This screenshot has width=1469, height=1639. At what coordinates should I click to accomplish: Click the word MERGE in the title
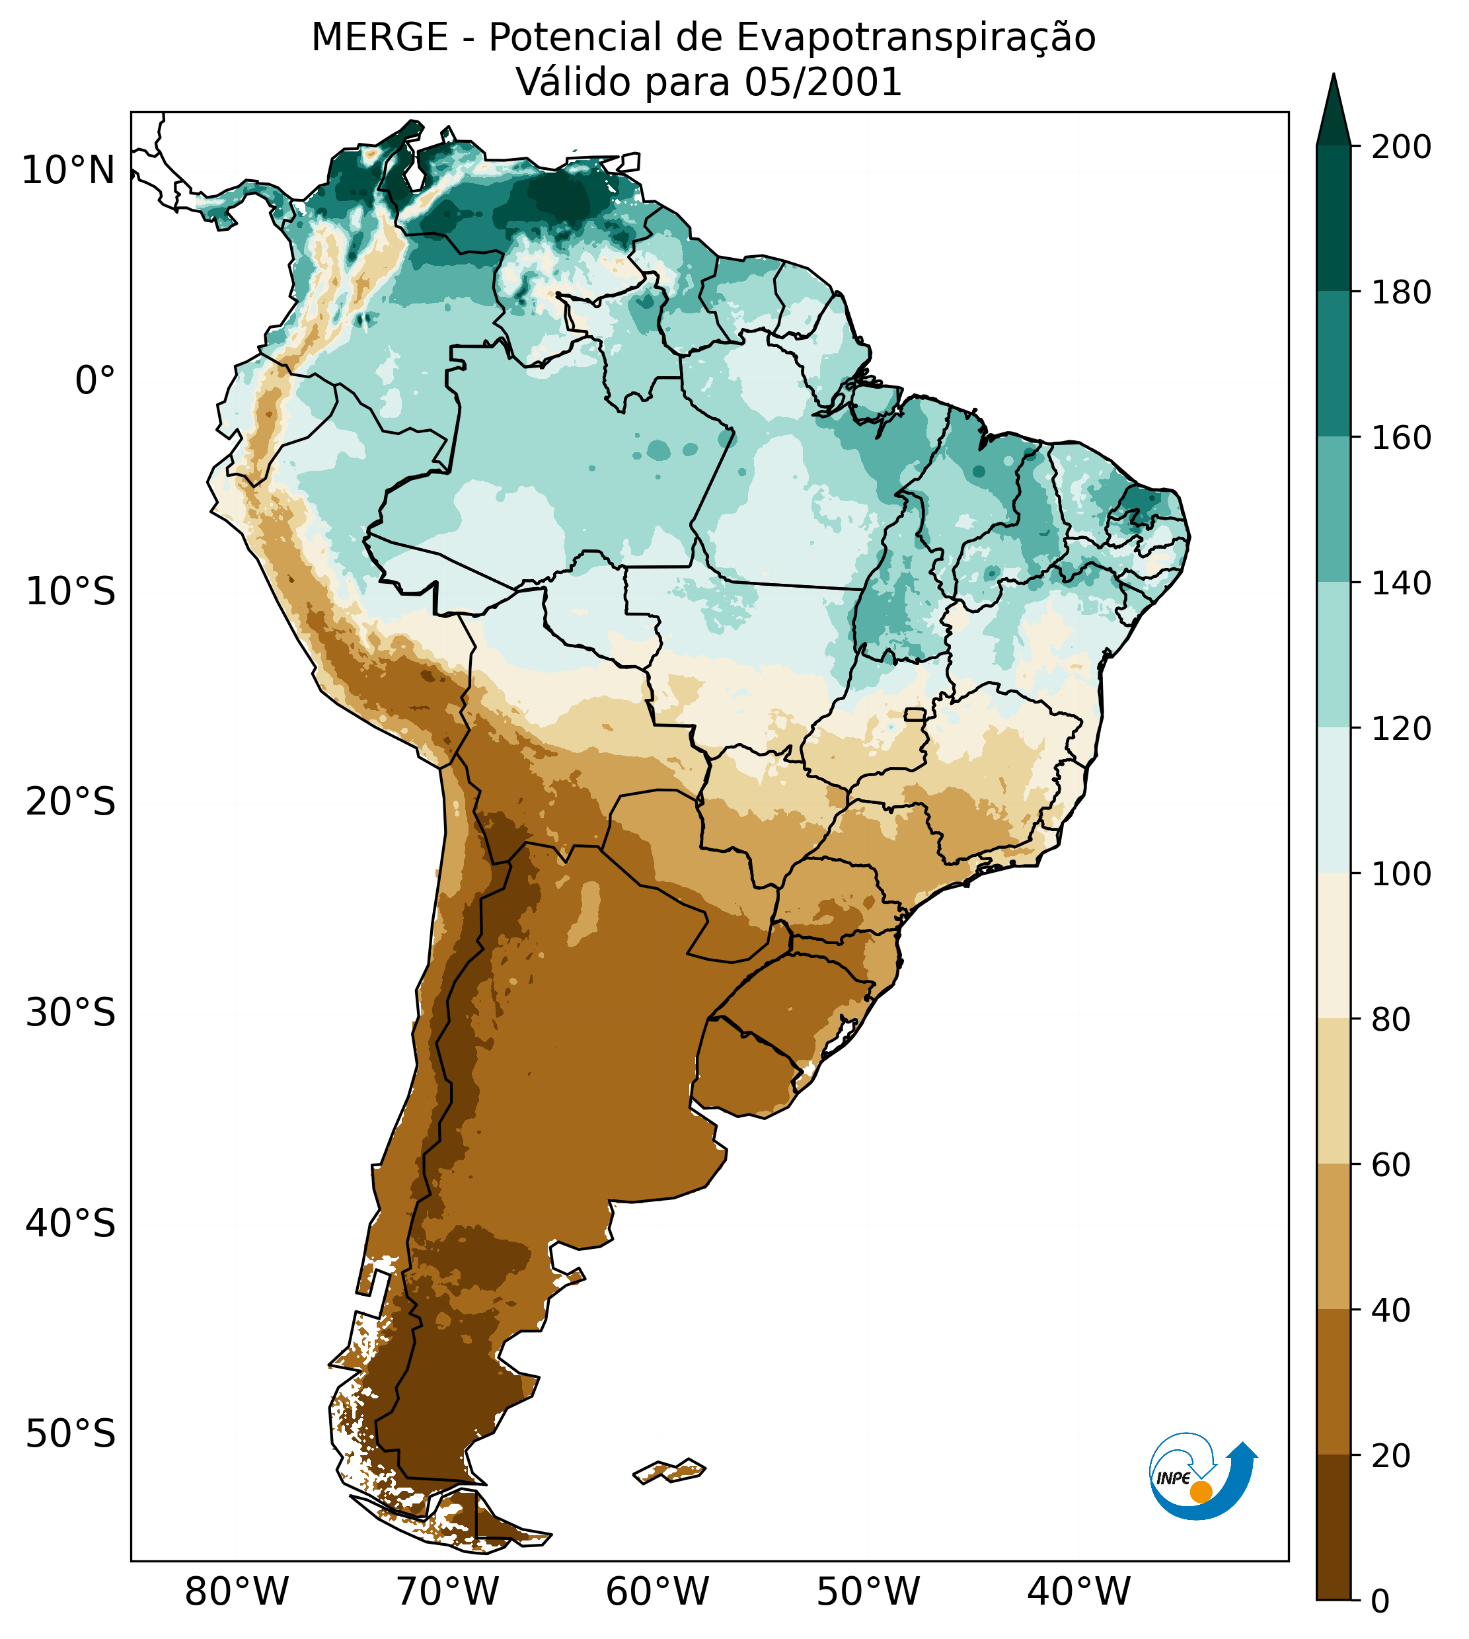[x=379, y=38]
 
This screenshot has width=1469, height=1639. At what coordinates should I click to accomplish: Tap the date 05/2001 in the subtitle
[x=823, y=83]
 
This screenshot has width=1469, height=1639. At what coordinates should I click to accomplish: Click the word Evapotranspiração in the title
[x=916, y=38]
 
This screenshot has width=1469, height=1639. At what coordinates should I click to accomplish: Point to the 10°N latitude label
[x=68, y=171]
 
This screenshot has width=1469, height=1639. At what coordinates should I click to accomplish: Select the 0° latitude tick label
[x=95, y=381]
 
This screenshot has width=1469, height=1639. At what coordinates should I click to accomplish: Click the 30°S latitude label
[x=71, y=1014]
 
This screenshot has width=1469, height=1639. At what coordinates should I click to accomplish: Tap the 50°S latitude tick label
[x=71, y=1435]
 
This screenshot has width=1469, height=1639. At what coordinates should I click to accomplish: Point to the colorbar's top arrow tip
[x=1334, y=77]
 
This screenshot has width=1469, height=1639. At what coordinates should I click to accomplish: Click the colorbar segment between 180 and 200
[x=1334, y=218]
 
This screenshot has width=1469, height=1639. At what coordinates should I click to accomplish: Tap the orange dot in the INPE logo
[x=1201, y=1492]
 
